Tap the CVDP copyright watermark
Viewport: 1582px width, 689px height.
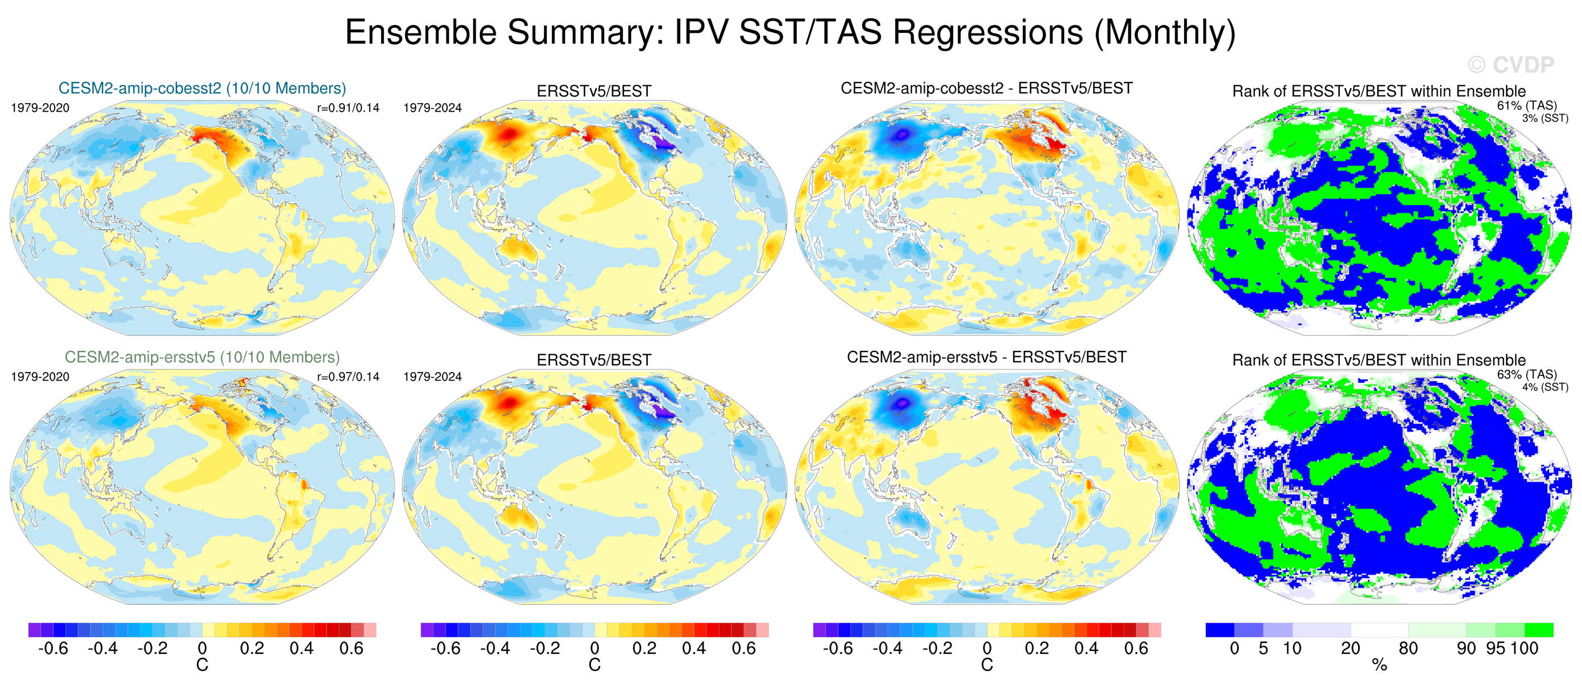pyautogui.click(x=1511, y=65)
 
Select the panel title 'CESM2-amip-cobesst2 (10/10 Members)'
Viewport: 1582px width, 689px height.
pyautogui.click(x=202, y=89)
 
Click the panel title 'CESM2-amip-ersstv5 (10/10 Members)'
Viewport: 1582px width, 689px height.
pyautogui.click(x=202, y=358)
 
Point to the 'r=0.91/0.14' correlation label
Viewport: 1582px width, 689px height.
pyautogui.click(x=348, y=108)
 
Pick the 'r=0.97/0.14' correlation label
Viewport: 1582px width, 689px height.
pyautogui.click(x=348, y=377)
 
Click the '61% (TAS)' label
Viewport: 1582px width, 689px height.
pyautogui.click(x=1527, y=105)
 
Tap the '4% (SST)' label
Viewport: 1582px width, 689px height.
pyautogui.click(x=1545, y=388)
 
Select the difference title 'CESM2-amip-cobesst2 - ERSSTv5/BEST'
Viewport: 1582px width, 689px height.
pyautogui.click(x=986, y=89)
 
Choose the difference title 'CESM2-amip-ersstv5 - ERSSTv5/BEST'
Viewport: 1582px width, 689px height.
pyautogui.click(x=986, y=358)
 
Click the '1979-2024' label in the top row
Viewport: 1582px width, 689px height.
pyautogui.click(x=432, y=108)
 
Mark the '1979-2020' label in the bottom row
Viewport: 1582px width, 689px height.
pyautogui.click(x=41, y=377)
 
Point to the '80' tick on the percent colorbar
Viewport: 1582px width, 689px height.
pyautogui.click(x=1408, y=648)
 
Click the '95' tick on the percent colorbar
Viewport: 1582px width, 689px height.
pyautogui.click(x=1496, y=648)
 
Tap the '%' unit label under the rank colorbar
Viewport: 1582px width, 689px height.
pyautogui.click(x=1379, y=665)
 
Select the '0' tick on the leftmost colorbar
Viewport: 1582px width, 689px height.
pyautogui.click(x=202, y=648)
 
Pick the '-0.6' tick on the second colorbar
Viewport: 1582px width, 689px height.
pyautogui.click(x=445, y=648)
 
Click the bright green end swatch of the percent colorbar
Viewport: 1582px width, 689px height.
pyautogui.click(x=1538, y=630)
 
